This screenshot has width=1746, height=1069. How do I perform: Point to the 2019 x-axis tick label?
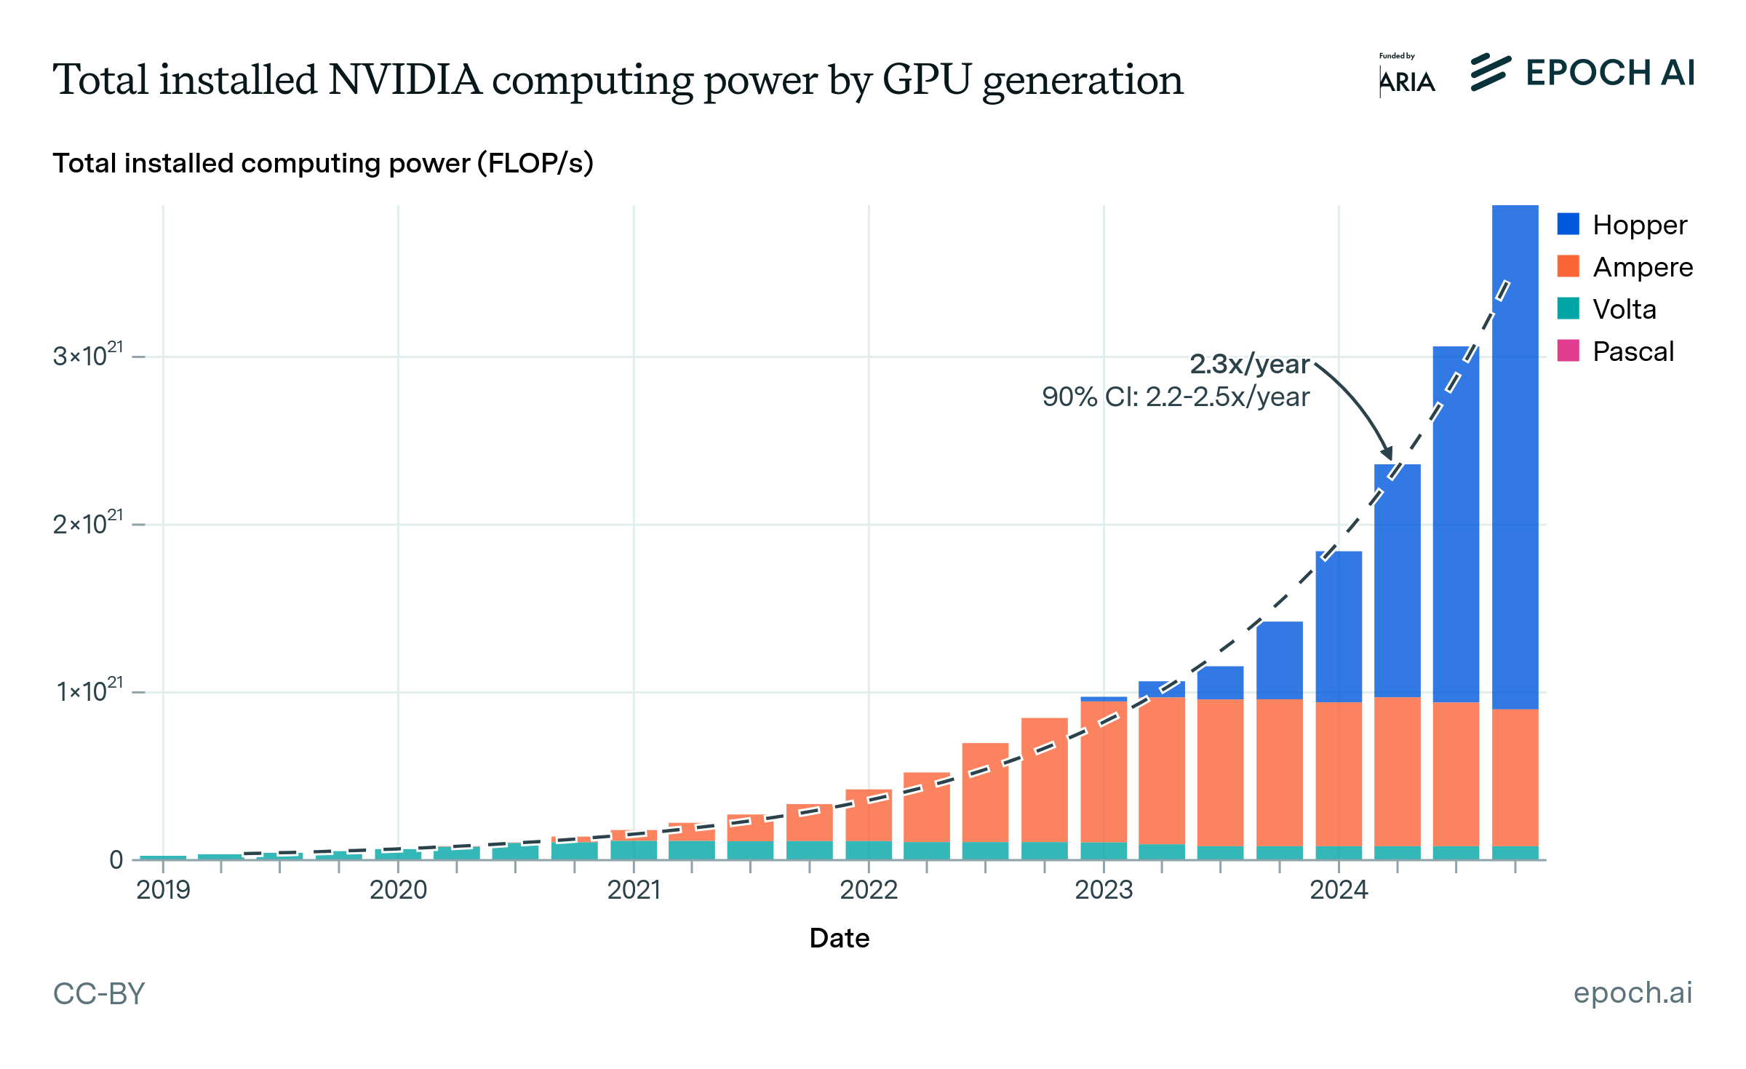[x=163, y=889]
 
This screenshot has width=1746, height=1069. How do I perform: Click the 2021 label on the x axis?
[x=634, y=889]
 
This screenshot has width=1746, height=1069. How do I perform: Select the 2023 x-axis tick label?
[x=1104, y=889]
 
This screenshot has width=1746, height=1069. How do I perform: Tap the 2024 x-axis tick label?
[x=1339, y=889]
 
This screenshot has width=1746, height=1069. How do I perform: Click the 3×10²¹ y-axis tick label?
[x=88, y=356]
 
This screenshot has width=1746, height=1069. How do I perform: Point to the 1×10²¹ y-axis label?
[x=90, y=691]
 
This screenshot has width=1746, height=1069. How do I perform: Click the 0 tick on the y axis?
[x=116, y=860]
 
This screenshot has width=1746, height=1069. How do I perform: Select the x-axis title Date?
[x=839, y=938]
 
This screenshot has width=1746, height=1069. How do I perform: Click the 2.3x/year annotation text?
[x=1249, y=364]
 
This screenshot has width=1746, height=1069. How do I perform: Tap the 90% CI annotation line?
[x=1176, y=397]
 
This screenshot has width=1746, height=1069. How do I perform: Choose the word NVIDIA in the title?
[x=404, y=79]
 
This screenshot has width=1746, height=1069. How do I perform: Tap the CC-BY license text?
[x=99, y=993]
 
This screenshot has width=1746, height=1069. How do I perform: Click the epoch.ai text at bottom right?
[x=1633, y=993]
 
